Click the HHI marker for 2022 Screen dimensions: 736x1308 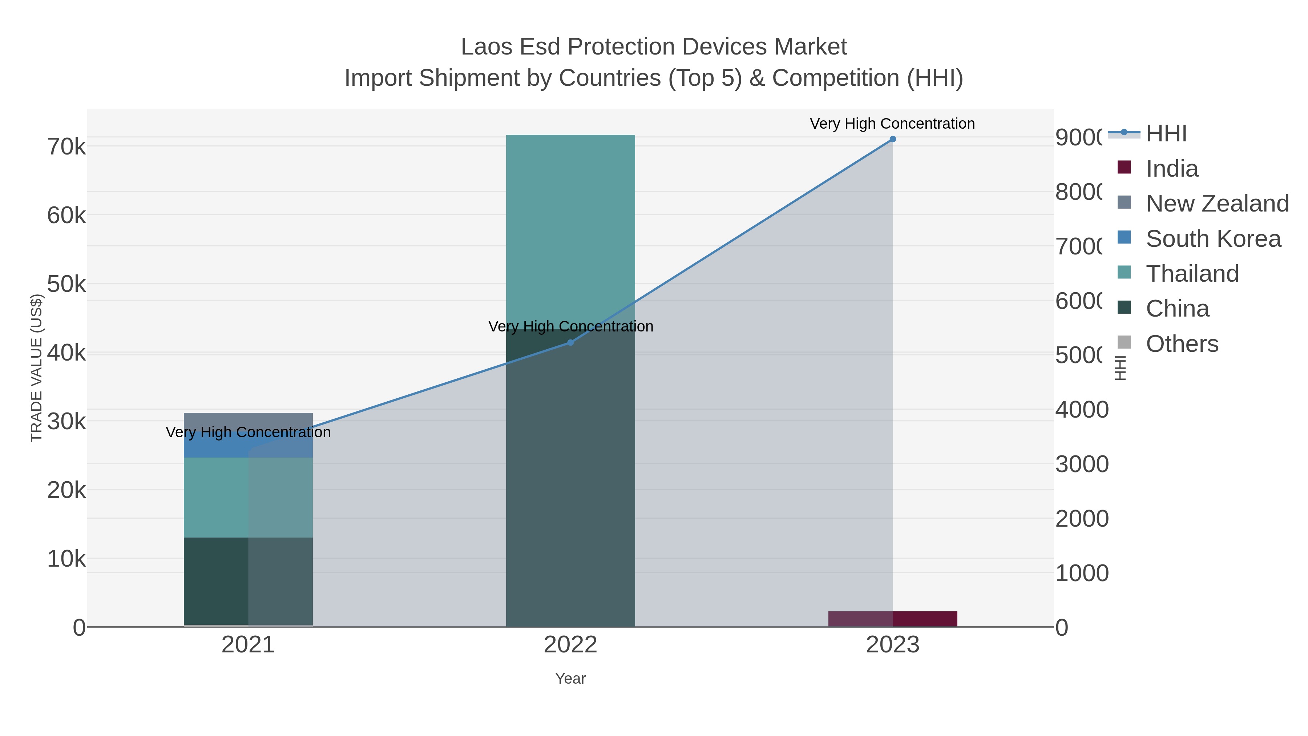[x=570, y=343]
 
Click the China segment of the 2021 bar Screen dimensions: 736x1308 [x=248, y=580]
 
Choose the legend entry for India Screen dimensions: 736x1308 [x=1171, y=169]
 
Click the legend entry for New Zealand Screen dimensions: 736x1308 [x=1216, y=204]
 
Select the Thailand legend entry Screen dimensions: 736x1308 [x=1192, y=274]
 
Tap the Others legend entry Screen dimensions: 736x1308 [x=1182, y=344]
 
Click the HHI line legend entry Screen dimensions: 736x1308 [x=1166, y=134]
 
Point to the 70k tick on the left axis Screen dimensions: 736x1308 [x=66, y=147]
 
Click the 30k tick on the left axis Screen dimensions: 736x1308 [x=66, y=421]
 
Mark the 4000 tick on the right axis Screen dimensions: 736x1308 [x=1082, y=409]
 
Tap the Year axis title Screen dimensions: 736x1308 [x=570, y=679]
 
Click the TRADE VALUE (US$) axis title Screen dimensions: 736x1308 [x=37, y=368]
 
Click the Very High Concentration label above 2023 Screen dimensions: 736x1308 [x=892, y=124]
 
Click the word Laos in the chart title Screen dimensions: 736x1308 [x=487, y=47]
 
